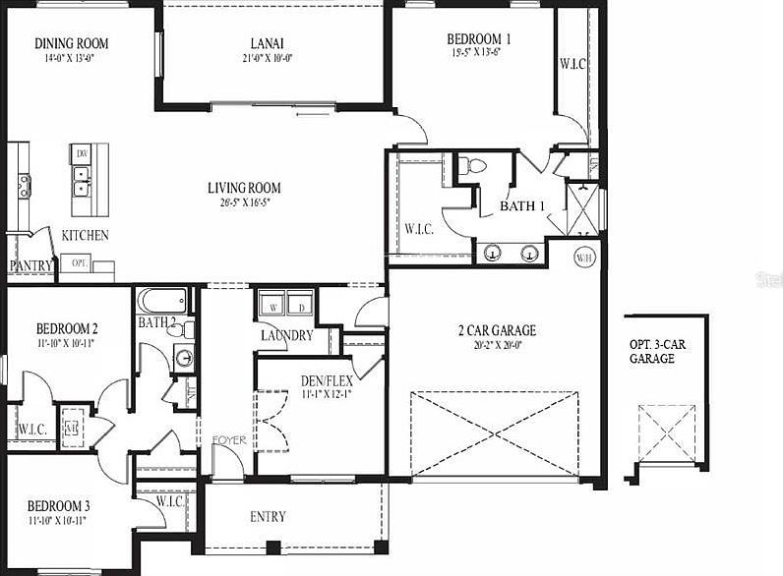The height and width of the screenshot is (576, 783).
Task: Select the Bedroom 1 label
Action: [479, 39]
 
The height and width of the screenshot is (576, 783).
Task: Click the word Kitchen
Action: [86, 236]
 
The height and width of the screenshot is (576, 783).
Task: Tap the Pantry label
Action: [30, 266]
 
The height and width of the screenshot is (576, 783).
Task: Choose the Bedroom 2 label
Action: [67, 328]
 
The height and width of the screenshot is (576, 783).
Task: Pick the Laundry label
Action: [286, 335]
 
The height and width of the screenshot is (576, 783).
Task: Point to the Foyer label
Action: [229, 440]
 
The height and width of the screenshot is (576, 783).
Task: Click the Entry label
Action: [268, 517]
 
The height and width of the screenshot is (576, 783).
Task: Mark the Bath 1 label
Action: [522, 206]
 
